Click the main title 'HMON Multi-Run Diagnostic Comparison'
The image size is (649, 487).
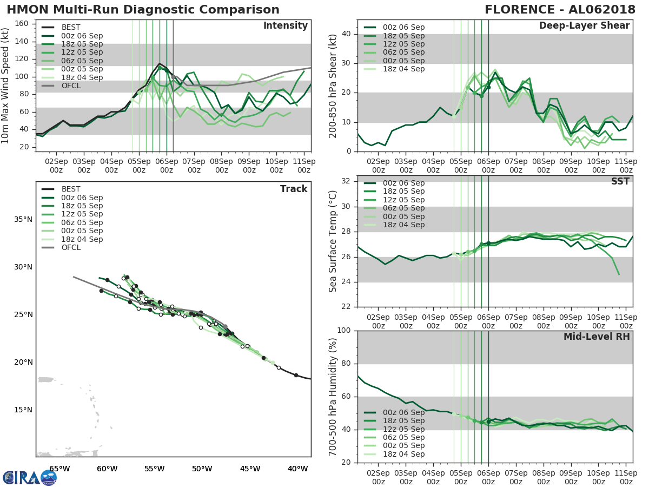pyautogui.click(x=143, y=10)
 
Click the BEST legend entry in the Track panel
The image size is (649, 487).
pyautogui.click(x=71, y=189)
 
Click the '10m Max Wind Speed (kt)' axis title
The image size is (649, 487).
pyautogui.click(x=6, y=86)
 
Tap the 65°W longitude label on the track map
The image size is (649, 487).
pyautogui.click(x=59, y=469)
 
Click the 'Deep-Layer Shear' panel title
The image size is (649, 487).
pyautogui.click(x=584, y=26)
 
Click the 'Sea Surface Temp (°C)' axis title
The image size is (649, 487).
pyautogui.click(x=333, y=241)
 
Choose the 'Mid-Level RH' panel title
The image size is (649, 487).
pyautogui.click(x=597, y=337)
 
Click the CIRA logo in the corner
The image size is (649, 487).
pyautogui.click(x=30, y=477)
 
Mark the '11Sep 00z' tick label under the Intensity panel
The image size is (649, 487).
pyautogui.click(x=304, y=165)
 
